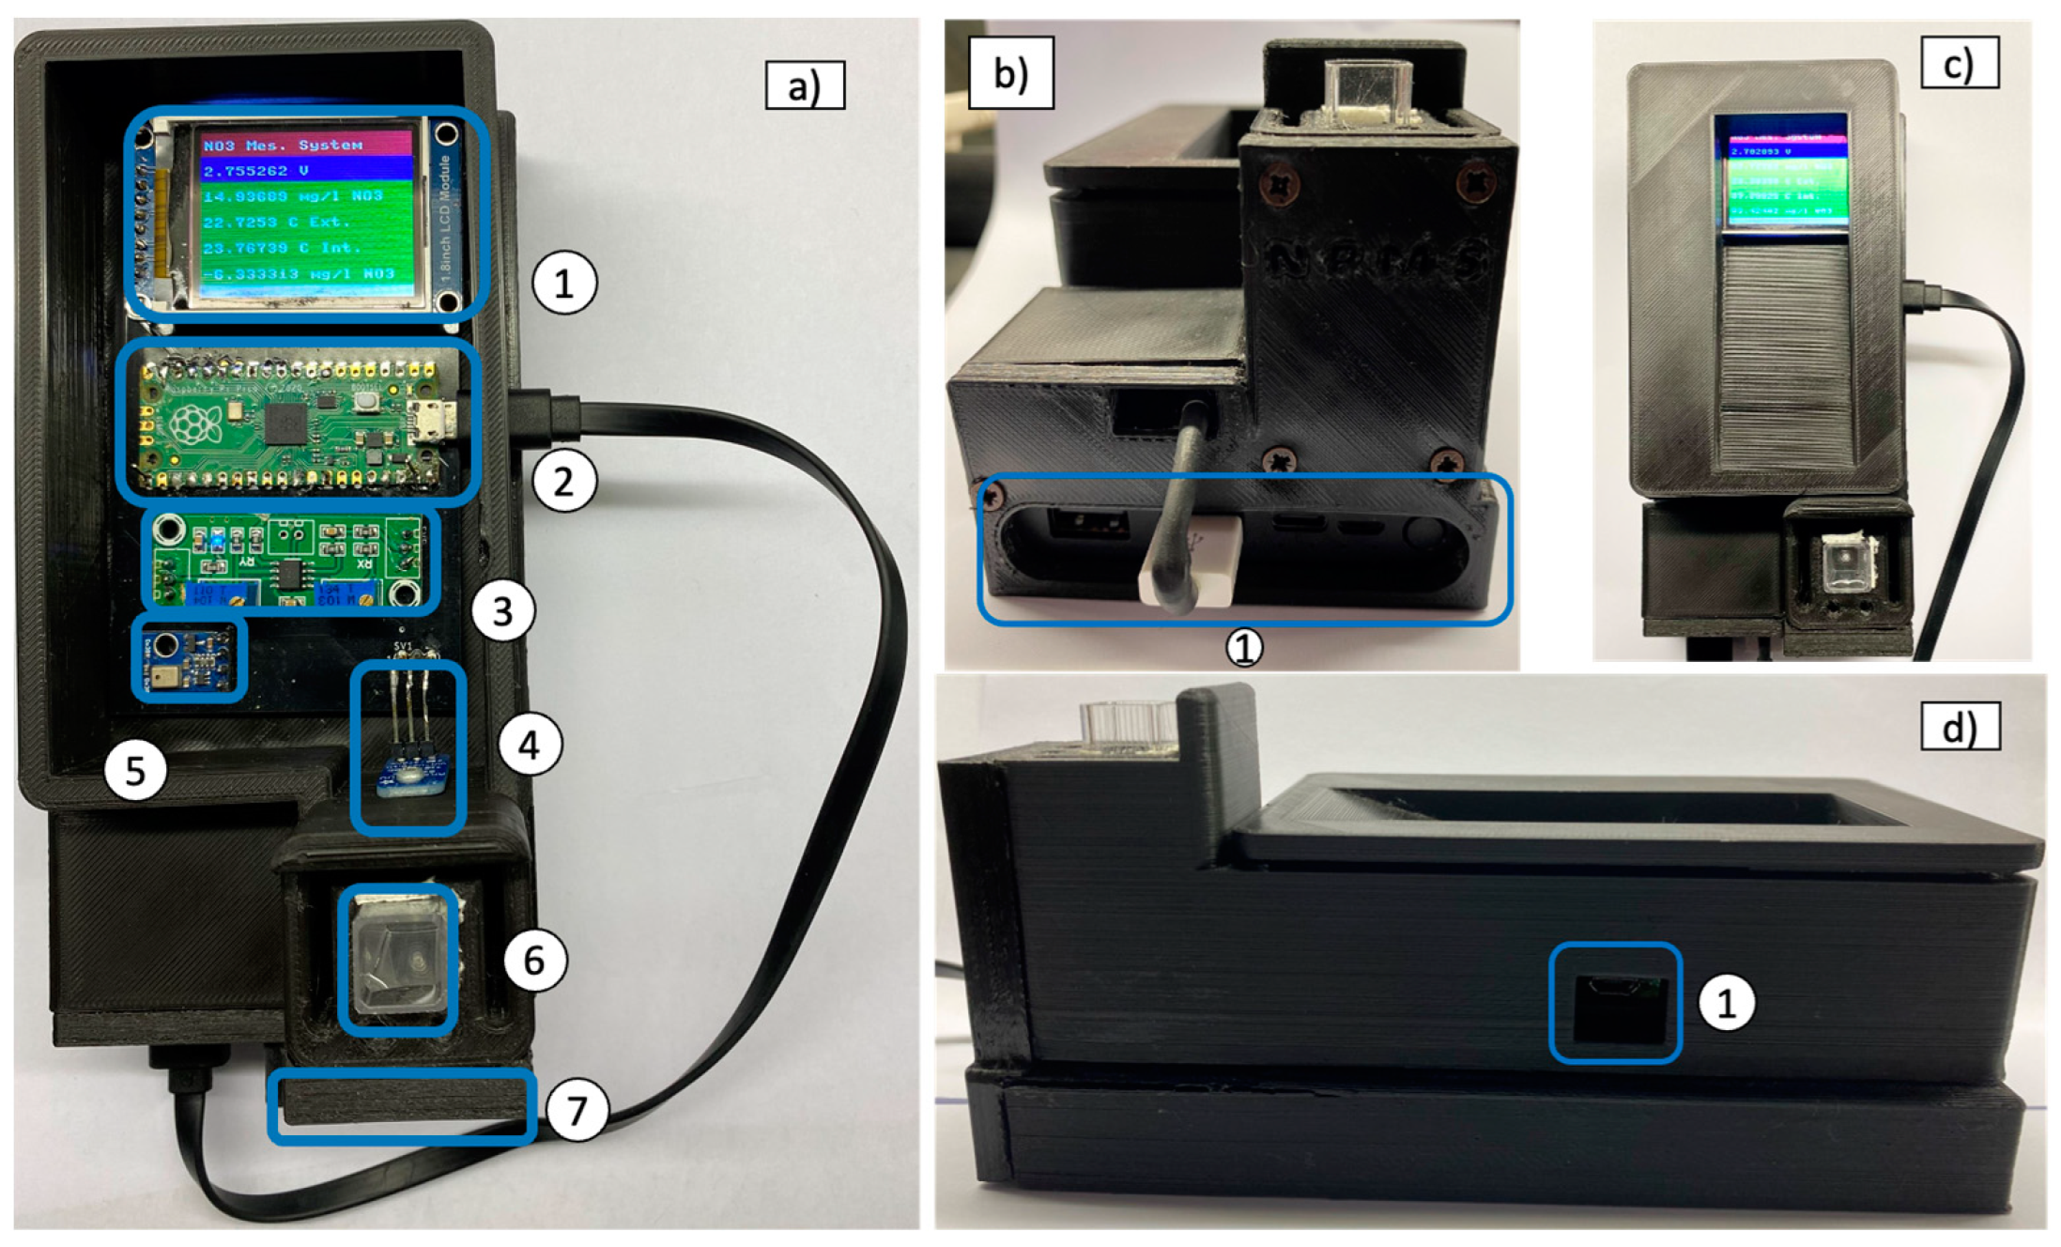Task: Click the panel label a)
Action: [805, 86]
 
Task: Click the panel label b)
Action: [1010, 73]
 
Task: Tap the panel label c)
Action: [1959, 63]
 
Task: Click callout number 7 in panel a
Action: [576, 1111]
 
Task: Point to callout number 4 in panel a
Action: [530, 745]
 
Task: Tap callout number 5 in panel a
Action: [135, 770]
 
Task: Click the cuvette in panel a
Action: [398, 960]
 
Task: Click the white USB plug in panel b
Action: [1191, 562]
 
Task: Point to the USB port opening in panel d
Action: [1615, 1004]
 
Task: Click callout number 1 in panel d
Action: [1726, 1003]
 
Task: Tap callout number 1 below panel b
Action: [1244, 646]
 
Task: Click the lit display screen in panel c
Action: [1781, 171]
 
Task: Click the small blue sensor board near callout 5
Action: [189, 658]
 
